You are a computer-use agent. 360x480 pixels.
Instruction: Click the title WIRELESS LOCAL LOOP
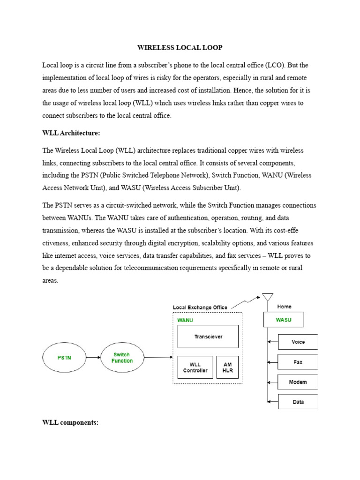[x=180, y=47]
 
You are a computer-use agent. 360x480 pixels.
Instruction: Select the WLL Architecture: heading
[x=71, y=133]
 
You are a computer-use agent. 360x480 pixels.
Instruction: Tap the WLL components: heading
[x=70, y=422]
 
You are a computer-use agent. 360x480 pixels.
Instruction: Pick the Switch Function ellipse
[x=122, y=358]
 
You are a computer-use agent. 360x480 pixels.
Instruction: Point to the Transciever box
[x=208, y=337]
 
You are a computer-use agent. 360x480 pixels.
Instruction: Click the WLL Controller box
[x=195, y=367]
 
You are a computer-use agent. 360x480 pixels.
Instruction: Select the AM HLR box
[x=227, y=367]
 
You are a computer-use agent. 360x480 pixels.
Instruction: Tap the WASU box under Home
[x=284, y=320]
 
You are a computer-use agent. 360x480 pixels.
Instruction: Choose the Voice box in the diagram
[x=298, y=342]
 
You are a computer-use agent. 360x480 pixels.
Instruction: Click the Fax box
[x=298, y=362]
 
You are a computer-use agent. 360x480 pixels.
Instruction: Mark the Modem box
[x=298, y=382]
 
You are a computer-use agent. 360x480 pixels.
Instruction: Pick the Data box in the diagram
[x=298, y=402]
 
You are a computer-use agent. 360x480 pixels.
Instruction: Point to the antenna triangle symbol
[x=268, y=297]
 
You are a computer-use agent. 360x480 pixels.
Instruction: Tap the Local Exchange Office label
[x=200, y=307]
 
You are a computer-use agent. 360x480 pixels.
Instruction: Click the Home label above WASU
[x=284, y=307]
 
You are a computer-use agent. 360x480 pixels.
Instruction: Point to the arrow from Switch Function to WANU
[x=158, y=358]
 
